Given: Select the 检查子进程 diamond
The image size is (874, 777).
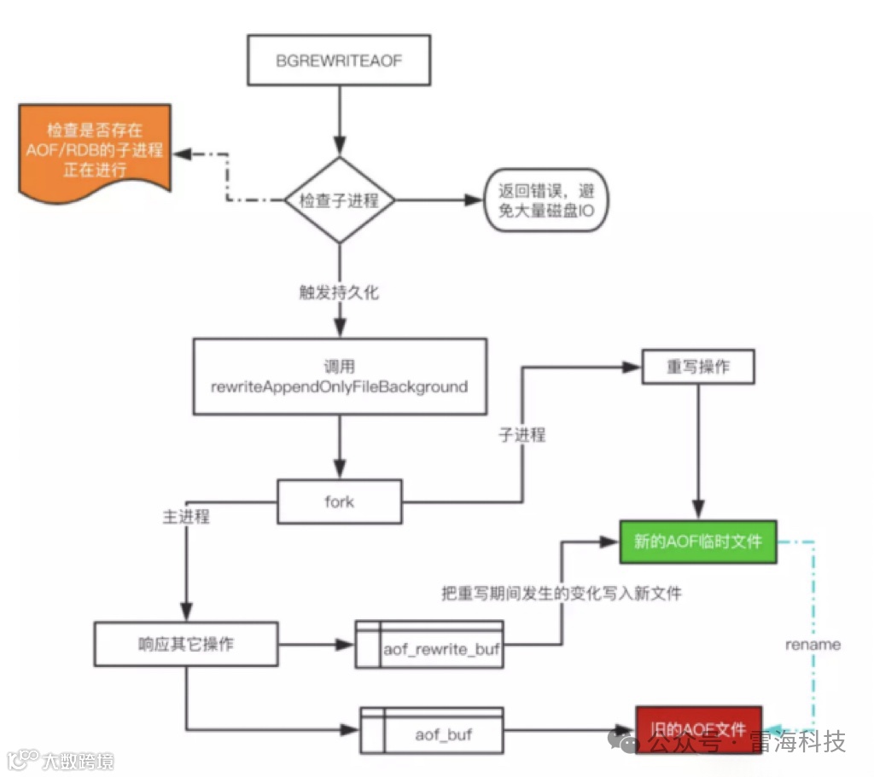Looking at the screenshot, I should coord(340,201).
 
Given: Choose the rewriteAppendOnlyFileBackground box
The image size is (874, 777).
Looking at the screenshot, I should coord(340,377).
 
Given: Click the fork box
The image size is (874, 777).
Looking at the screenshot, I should coord(339,501).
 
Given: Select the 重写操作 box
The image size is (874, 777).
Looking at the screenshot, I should coord(698,367).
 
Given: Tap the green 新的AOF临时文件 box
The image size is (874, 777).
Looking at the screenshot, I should coord(699,541).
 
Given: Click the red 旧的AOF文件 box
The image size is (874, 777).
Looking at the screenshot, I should coord(698,729).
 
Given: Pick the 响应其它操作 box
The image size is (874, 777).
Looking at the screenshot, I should coord(185,644).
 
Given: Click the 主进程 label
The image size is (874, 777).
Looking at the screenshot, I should coord(186,517).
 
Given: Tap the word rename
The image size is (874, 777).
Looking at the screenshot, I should coord(813,644).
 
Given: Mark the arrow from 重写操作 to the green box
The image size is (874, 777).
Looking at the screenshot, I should coord(699,452).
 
